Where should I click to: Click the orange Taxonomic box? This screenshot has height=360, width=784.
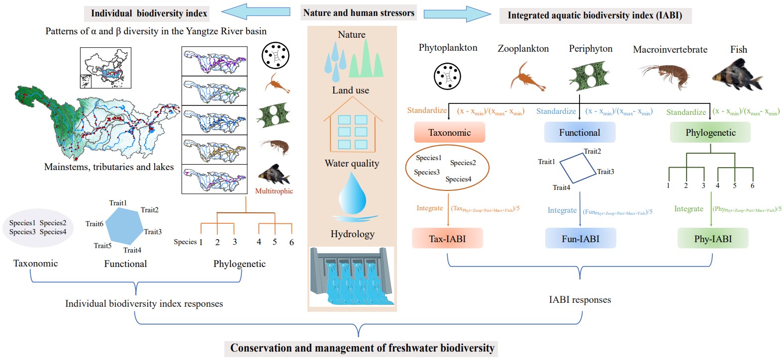(x=449, y=133)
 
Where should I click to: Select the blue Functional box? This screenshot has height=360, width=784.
(x=580, y=133)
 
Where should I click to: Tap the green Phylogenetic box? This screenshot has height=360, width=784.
(x=710, y=133)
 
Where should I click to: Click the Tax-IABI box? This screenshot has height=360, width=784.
(x=447, y=239)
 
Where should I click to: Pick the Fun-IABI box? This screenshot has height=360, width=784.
(x=581, y=239)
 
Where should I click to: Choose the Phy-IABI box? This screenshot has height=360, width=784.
(x=713, y=239)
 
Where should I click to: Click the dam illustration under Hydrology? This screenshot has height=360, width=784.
(x=352, y=277)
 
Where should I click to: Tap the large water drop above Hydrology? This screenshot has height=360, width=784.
(x=352, y=195)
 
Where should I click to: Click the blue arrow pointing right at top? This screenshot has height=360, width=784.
(x=457, y=14)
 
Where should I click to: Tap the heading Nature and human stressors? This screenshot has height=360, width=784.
(x=359, y=13)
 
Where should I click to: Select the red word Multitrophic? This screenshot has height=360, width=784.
(x=274, y=191)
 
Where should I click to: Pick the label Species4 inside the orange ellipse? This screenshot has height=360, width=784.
(x=458, y=179)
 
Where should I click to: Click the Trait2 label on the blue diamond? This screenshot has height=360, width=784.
(x=592, y=151)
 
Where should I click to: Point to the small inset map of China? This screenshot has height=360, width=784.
(x=105, y=68)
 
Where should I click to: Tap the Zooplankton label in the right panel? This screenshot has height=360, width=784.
(x=523, y=49)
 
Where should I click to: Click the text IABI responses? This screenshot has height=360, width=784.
(x=580, y=300)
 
